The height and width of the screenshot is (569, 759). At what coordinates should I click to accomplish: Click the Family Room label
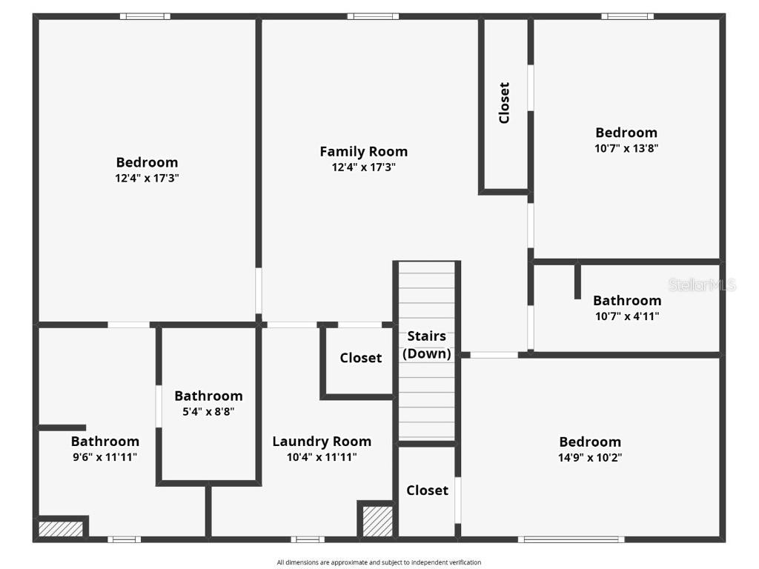[363, 151]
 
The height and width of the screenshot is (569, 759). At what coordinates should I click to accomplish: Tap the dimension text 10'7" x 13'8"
[626, 147]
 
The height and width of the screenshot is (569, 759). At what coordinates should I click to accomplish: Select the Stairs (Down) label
[426, 345]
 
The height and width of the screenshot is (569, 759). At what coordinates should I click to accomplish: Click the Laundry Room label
[322, 442]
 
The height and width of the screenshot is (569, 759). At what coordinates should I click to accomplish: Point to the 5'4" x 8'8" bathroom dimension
[208, 411]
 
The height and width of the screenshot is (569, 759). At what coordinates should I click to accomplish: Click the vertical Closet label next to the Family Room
[505, 102]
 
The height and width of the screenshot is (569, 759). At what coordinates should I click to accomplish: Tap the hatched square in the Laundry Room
[377, 521]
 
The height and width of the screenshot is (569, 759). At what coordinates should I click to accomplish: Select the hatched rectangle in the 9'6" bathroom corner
[61, 529]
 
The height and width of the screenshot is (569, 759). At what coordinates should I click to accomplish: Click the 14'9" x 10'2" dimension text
[590, 457]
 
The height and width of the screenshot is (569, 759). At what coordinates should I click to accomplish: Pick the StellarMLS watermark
[701, 284]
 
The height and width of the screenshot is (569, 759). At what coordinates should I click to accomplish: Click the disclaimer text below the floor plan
[379, 562]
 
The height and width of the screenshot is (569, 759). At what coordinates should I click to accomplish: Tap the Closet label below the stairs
[427, 490]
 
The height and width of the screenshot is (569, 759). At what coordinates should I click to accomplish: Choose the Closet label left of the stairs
[361, 358]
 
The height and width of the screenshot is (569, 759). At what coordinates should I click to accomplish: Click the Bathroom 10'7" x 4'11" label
[626, 300]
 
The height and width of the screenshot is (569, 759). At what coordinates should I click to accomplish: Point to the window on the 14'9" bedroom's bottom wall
[571, 539]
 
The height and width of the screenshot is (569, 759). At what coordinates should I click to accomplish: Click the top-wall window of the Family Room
[373, 16]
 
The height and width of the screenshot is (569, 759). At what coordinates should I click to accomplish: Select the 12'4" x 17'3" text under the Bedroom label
[147, 178]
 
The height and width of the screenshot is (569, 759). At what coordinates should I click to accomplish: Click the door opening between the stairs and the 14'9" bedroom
[494, 355]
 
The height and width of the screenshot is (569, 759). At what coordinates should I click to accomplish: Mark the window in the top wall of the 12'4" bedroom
[145, 16]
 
